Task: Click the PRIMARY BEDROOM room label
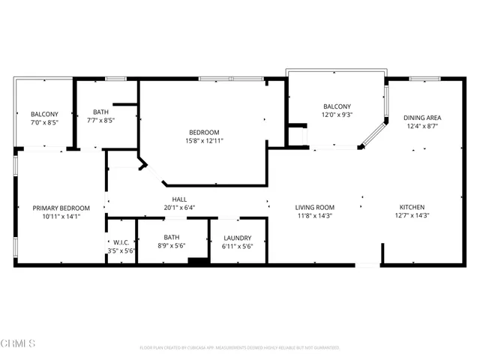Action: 61,208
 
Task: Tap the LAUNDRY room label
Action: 238,238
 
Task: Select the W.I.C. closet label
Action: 121,242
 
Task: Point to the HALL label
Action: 179,199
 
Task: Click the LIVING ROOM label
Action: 314,207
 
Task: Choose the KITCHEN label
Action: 412,207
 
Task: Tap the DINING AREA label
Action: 422,117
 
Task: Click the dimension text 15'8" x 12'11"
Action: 205,140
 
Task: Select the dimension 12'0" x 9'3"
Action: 337,115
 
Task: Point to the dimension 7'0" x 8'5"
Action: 44,122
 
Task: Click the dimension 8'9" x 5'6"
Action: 172,246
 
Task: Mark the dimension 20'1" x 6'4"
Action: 179,208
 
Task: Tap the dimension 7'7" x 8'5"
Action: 100,119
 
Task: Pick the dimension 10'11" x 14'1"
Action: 61,216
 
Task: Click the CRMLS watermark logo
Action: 18,344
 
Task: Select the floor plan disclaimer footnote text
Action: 240,348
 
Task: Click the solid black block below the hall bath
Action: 198,261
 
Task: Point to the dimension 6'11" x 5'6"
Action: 238,246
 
